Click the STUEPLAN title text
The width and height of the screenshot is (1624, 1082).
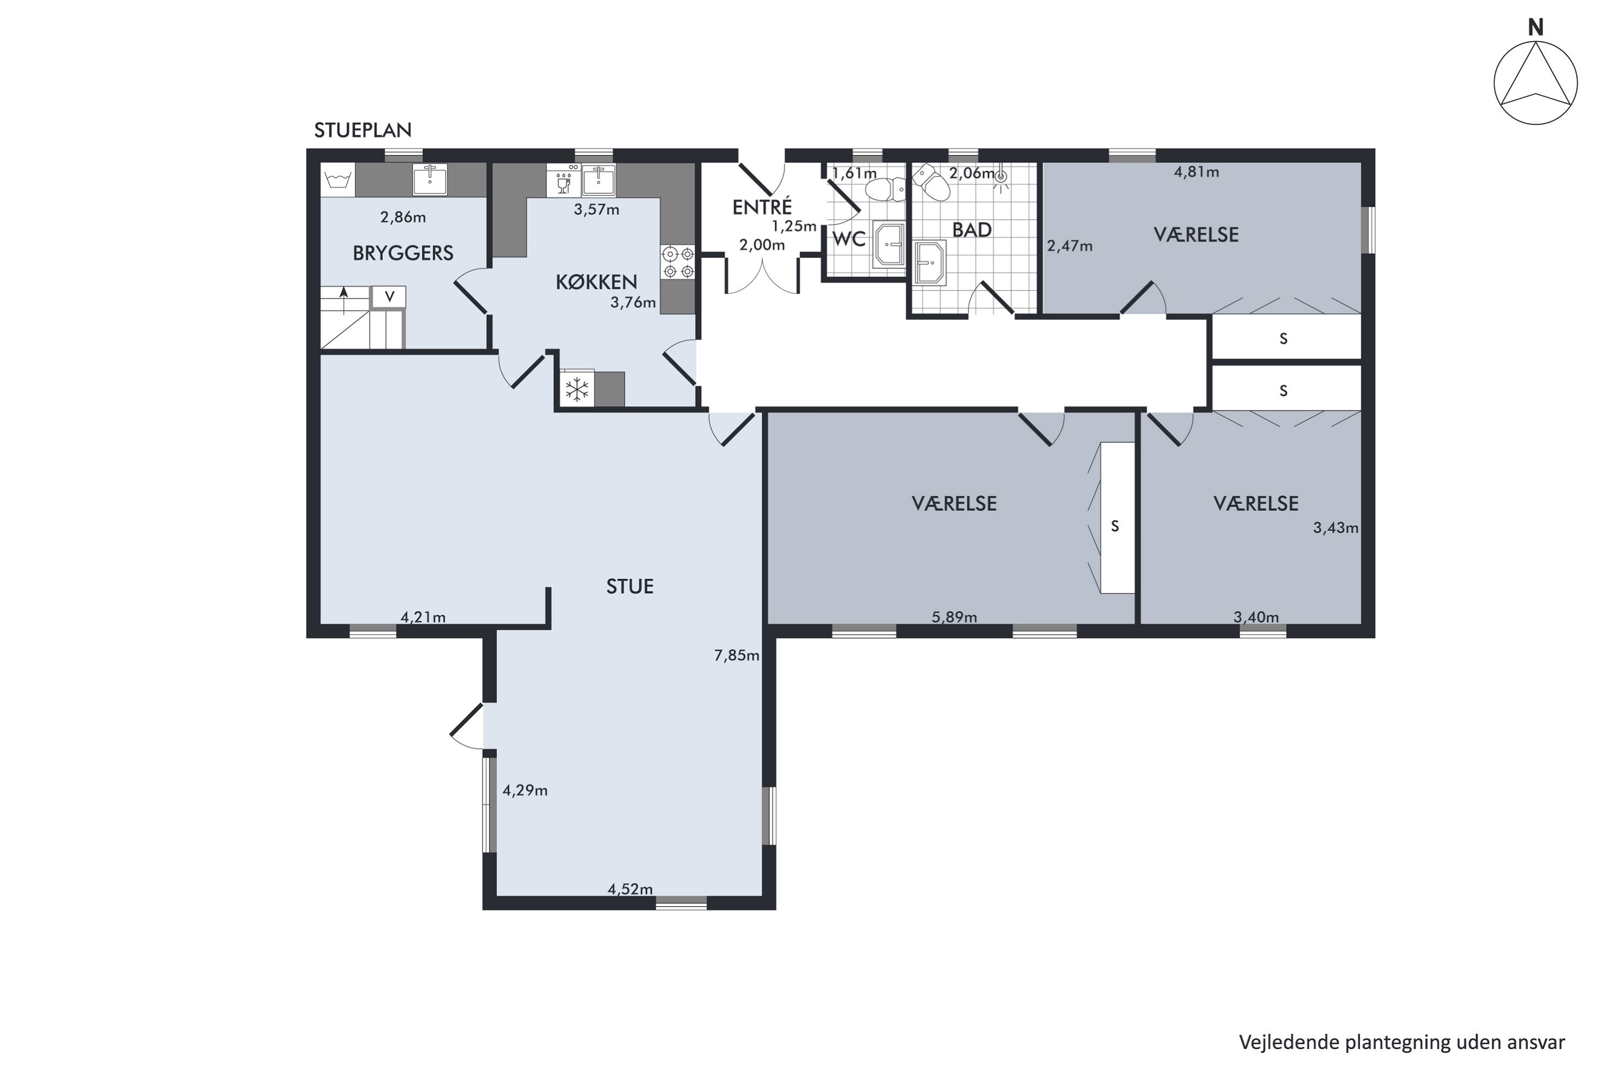tap(363, 130)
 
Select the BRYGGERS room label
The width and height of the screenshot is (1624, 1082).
tap(403, 253)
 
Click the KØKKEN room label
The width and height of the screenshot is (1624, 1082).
tap(597, 281)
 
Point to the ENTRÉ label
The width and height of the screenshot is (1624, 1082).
tap(762, 206)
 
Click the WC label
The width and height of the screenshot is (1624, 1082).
tap(849, 239)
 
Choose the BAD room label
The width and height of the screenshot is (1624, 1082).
tap(972, 230)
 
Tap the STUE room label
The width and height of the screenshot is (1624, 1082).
tap(630, 586)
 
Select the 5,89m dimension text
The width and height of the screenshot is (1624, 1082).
tap(954, 617)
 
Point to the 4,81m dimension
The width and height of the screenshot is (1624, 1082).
tap(1196, 172)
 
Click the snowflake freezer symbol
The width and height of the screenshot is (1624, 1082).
tap(577, 389)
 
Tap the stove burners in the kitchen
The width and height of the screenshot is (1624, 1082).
tap(678, 263)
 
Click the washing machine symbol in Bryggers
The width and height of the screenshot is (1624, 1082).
tap(338, 180)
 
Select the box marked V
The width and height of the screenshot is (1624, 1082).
tap(389, 296)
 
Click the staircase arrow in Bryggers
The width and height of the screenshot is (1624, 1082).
tap(344, 301)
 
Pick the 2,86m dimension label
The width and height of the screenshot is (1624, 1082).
tap(403, 217)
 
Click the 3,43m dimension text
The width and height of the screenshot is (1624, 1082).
tap(1335, 528)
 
